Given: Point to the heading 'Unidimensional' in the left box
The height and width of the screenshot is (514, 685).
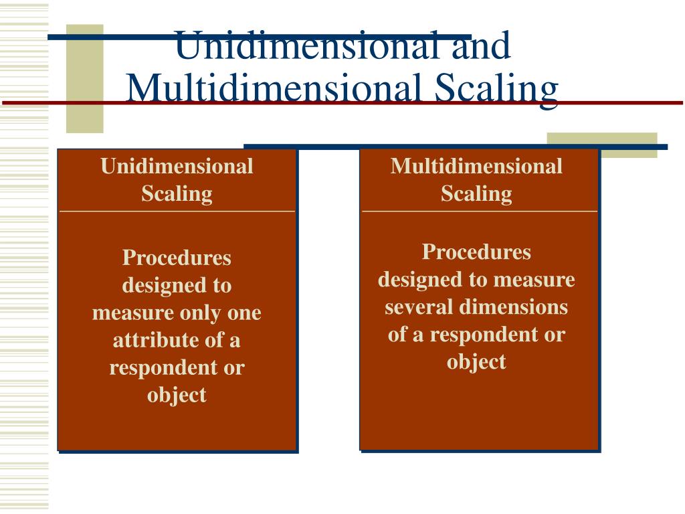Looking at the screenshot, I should pos(177,166).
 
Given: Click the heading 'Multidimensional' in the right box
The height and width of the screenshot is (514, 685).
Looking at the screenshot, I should pos(476,166).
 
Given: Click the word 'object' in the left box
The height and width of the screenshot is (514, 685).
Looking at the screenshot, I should pos(177,395).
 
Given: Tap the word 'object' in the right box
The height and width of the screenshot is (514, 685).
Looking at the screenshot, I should pos(476,361).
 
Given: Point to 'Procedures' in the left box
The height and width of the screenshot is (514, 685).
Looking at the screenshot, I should pos(177,257).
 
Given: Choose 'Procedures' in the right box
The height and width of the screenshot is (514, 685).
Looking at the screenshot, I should pos(476,252).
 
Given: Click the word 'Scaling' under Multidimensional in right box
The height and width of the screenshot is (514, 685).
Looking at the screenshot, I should pos(476,193).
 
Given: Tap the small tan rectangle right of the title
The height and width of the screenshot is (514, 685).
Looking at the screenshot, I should pos(601,145).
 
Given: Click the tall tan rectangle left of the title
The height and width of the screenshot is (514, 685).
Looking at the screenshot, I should pos(84,78).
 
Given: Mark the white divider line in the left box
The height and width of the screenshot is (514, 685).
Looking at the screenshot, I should pos(177,211).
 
